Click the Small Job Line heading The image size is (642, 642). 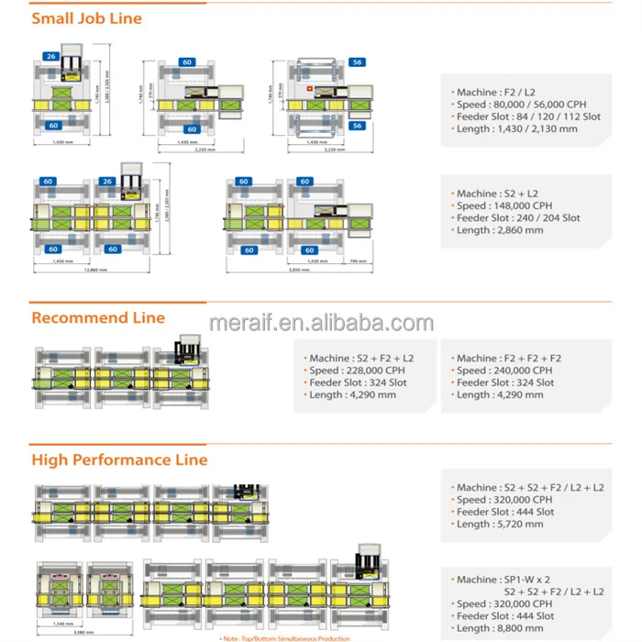click(86, 18)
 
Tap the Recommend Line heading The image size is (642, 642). click(98, 318)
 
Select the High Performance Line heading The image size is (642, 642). click(119, 459)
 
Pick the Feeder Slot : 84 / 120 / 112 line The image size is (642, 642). click(528, 117)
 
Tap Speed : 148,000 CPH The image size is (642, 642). click(504, 206)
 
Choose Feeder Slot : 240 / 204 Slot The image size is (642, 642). click(518, 218)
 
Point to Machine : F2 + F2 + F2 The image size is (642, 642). click(508, 359)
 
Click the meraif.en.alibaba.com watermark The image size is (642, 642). click(321, 323)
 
